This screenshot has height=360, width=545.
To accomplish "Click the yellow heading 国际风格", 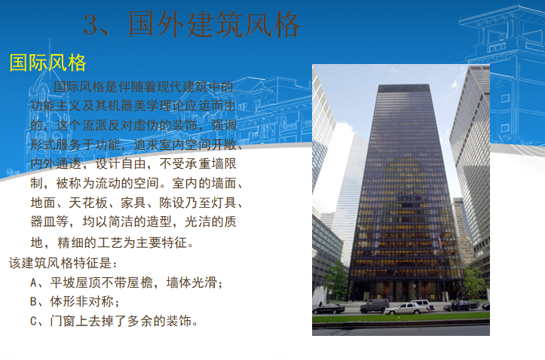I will point(47,63).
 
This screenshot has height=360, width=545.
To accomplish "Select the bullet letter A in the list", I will point(35,283).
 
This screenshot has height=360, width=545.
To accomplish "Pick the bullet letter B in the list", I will point(35,302).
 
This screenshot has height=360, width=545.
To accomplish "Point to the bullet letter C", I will point(35,321).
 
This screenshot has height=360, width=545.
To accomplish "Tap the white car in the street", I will point(408,307).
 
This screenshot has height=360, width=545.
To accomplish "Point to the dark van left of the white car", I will point(375,305).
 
